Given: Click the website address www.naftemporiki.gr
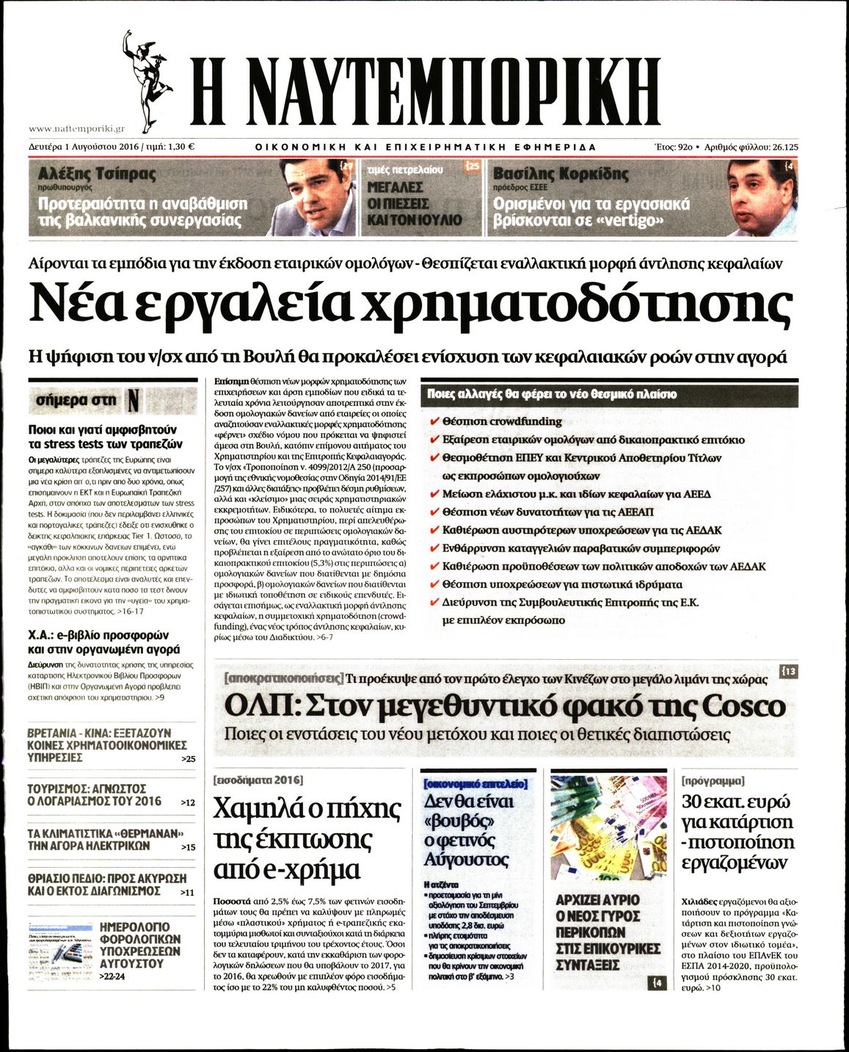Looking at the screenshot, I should (76, 127).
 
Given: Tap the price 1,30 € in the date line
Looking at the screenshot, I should (181, 147).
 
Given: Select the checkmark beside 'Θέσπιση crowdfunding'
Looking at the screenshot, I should (434, 421).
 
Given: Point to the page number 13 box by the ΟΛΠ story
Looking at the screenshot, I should (789, 671).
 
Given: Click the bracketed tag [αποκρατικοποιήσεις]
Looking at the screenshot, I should (284, 678).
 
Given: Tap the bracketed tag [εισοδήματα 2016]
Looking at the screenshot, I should (257, 780).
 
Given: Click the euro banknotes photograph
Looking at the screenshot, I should (609, 828).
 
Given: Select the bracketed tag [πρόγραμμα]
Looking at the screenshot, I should (713, 780).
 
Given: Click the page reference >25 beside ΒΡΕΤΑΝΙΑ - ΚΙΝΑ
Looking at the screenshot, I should (188, 759).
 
